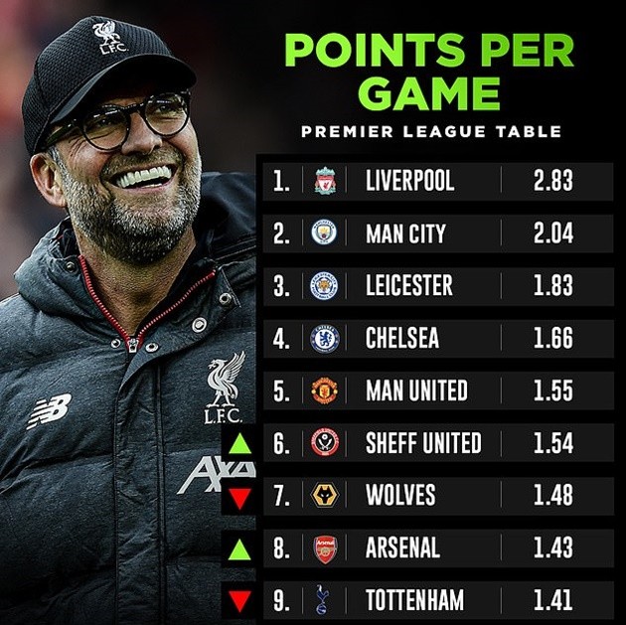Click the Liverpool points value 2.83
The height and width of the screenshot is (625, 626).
(552, 181)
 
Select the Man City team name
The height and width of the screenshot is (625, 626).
(405, 234)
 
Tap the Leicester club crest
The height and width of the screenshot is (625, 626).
(325, 286)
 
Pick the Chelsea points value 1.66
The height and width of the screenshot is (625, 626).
(552, 338)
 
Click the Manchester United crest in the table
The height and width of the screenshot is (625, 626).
(325, 391)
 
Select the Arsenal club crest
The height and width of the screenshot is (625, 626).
(325, 547)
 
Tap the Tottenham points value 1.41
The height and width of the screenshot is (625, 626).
(552, 600)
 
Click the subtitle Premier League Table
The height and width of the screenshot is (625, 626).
(430, 131)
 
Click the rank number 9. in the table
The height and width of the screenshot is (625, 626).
(282, 600)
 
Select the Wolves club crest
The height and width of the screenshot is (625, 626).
(325, 495)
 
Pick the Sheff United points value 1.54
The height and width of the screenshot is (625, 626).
(552, 443)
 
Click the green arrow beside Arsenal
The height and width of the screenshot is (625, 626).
(239, 547)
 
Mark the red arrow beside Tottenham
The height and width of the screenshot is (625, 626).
(239, 601)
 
